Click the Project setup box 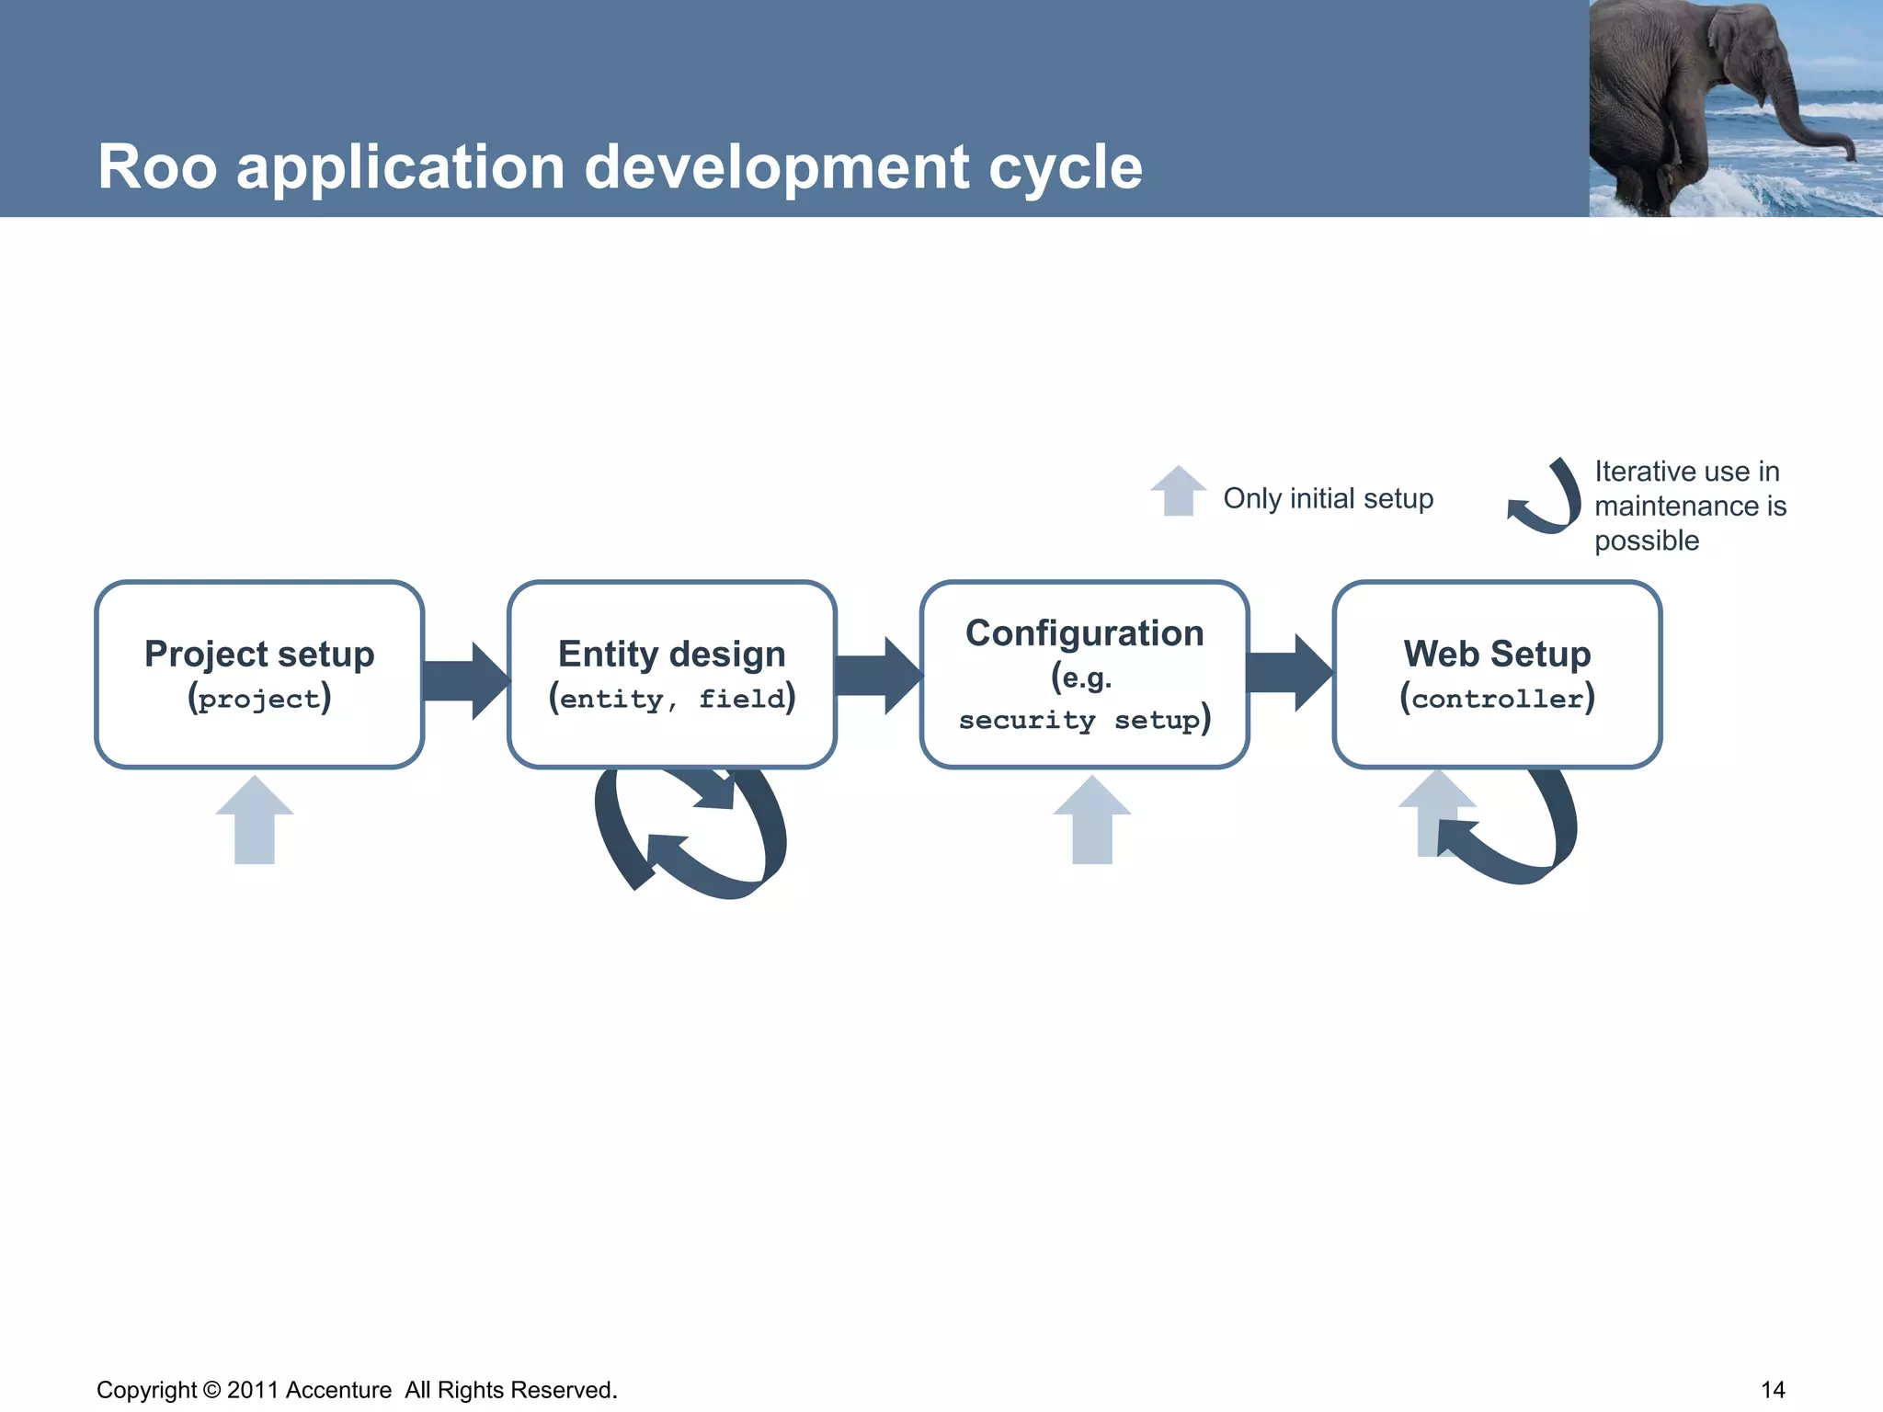coord(259,674)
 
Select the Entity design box coord(671,674)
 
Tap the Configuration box coord(1084,674)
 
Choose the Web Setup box coord(1496,674)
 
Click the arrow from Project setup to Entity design coord(465,680)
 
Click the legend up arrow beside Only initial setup coord(1178,492)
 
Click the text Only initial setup coord(1328,498)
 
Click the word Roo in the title coord(157,168)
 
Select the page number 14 coord(1772,1389)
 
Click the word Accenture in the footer coord(338,1389)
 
